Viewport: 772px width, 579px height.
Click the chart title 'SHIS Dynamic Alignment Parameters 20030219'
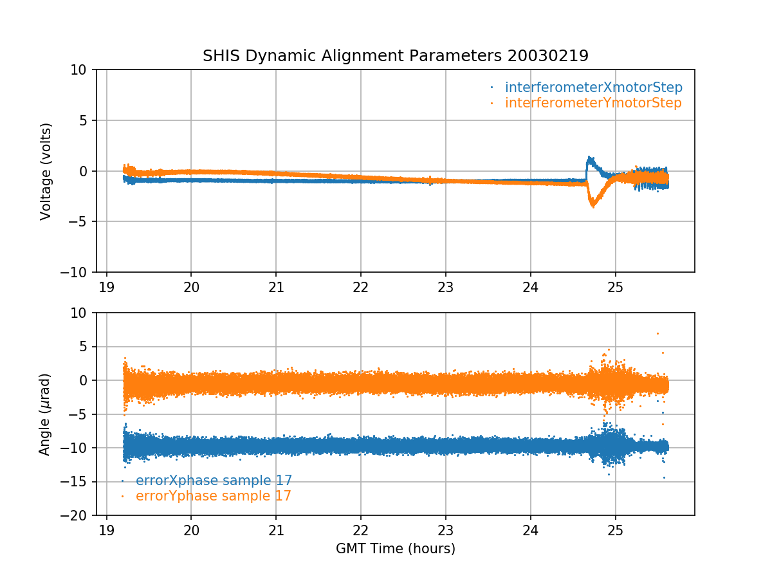(395, 56)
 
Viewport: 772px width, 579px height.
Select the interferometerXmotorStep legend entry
(593, 87)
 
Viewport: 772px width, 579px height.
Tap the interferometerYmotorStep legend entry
(593, 103)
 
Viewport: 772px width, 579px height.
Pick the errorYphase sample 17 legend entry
(213, 496)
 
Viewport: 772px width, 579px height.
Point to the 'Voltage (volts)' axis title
(46, 171)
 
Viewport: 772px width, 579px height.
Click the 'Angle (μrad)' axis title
(45, 414)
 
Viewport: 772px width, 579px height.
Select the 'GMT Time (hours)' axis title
(395, 549)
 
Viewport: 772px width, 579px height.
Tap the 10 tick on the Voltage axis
(82, 69)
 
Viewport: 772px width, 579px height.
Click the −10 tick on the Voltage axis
(78, 272)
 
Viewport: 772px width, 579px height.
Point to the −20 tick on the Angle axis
(78, 515)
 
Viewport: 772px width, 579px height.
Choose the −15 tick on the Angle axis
(78, 482)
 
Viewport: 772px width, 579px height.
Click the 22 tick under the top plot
(361, 286)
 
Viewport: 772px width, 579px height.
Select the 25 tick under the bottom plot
(616, 529)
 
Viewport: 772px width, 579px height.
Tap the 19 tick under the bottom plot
(106, 529)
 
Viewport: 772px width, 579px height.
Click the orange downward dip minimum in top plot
(593, 206)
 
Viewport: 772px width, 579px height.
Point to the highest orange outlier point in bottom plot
(657, 333)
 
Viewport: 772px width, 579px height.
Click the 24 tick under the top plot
(531, 286)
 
